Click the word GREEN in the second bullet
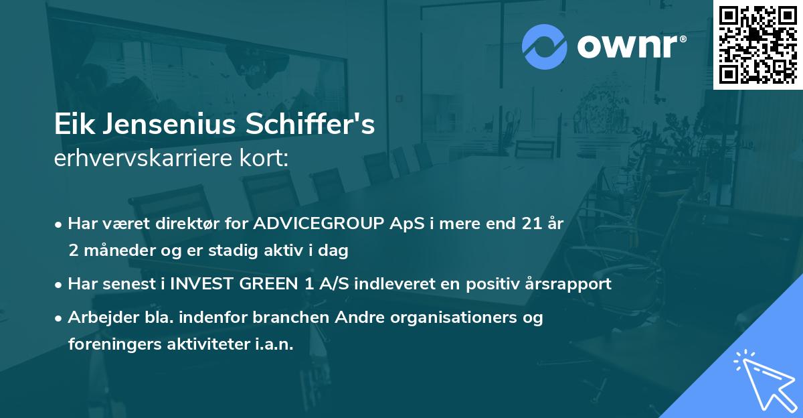(x=257, y=284)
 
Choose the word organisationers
(x=443, y=318)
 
